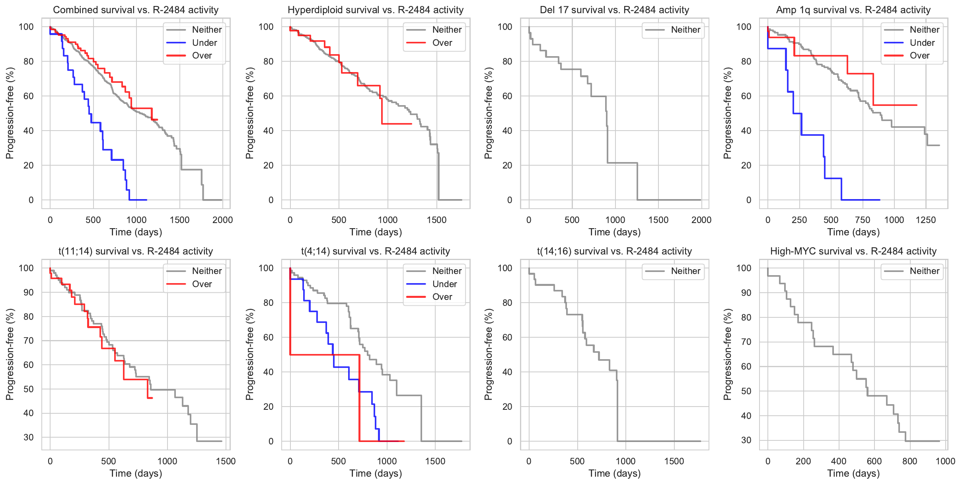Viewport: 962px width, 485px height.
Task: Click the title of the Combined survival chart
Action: click(x=136, y=10)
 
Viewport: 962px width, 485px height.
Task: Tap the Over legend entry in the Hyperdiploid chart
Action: click(x=442, y=43)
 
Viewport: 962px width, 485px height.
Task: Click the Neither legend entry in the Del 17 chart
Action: click(x=685, y=29)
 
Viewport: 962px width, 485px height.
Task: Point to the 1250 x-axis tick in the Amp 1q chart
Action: click(x=925, y=220)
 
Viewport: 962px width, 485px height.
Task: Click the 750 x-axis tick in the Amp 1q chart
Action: click(x=863, y=220)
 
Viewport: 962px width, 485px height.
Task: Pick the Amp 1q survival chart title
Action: click(x=853, y=10)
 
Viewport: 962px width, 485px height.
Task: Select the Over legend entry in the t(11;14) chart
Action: click(x=202, y=284)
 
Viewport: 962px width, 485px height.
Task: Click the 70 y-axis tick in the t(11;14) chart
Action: click(x=29, y=341)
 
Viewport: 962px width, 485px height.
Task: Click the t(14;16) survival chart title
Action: click(x=614, y=251)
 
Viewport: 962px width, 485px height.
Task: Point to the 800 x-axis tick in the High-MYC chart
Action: click(x=909, y=461)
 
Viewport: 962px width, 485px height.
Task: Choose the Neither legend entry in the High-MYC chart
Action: click(x=924, y=271)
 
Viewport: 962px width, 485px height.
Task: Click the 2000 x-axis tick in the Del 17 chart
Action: click(x=701, y=220)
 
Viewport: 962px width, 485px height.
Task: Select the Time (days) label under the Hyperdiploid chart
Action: click(x=376, y=232)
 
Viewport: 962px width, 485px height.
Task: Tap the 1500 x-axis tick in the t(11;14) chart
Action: click(x=226, y=461)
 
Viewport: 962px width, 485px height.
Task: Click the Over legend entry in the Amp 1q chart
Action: click(x=919, y=56)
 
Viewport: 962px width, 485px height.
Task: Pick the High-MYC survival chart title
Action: click(x=853, y=251)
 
